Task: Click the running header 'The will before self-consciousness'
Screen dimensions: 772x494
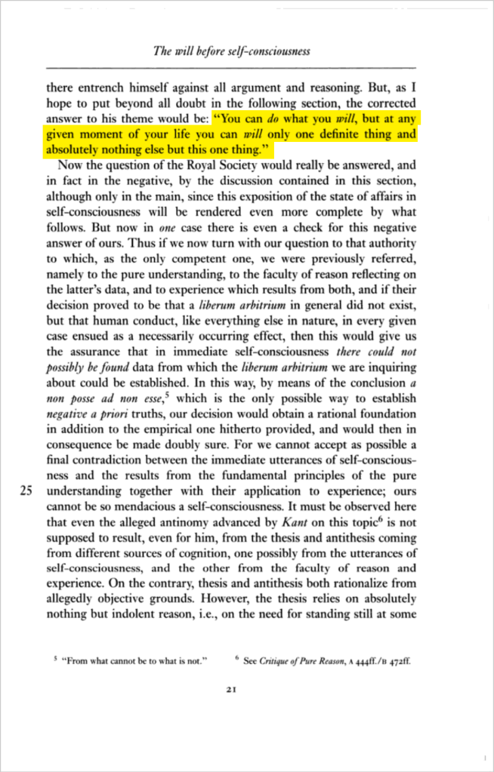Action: coord(232,52)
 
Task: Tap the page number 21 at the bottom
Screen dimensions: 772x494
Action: coord(232,688)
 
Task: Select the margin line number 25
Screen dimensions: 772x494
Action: coord(26,489)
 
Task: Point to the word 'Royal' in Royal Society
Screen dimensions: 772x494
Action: coord(192,167)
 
